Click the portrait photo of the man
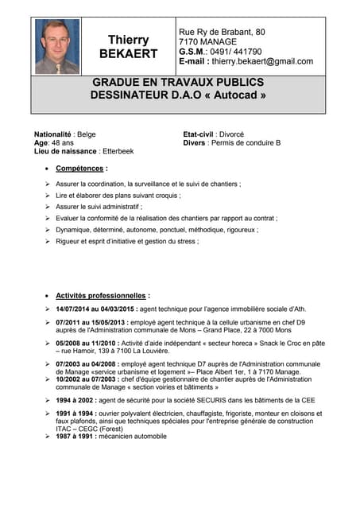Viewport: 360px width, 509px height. point(57,46)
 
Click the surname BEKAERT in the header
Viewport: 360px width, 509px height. point(129,54)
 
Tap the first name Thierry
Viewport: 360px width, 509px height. point(129,40)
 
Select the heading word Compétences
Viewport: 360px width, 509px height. point(79,169)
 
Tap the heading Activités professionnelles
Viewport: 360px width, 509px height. point(101,295)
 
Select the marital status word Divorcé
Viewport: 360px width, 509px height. point(229,134)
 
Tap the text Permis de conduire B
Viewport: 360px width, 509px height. point(247,142)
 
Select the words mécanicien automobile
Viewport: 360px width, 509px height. point(134,436)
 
